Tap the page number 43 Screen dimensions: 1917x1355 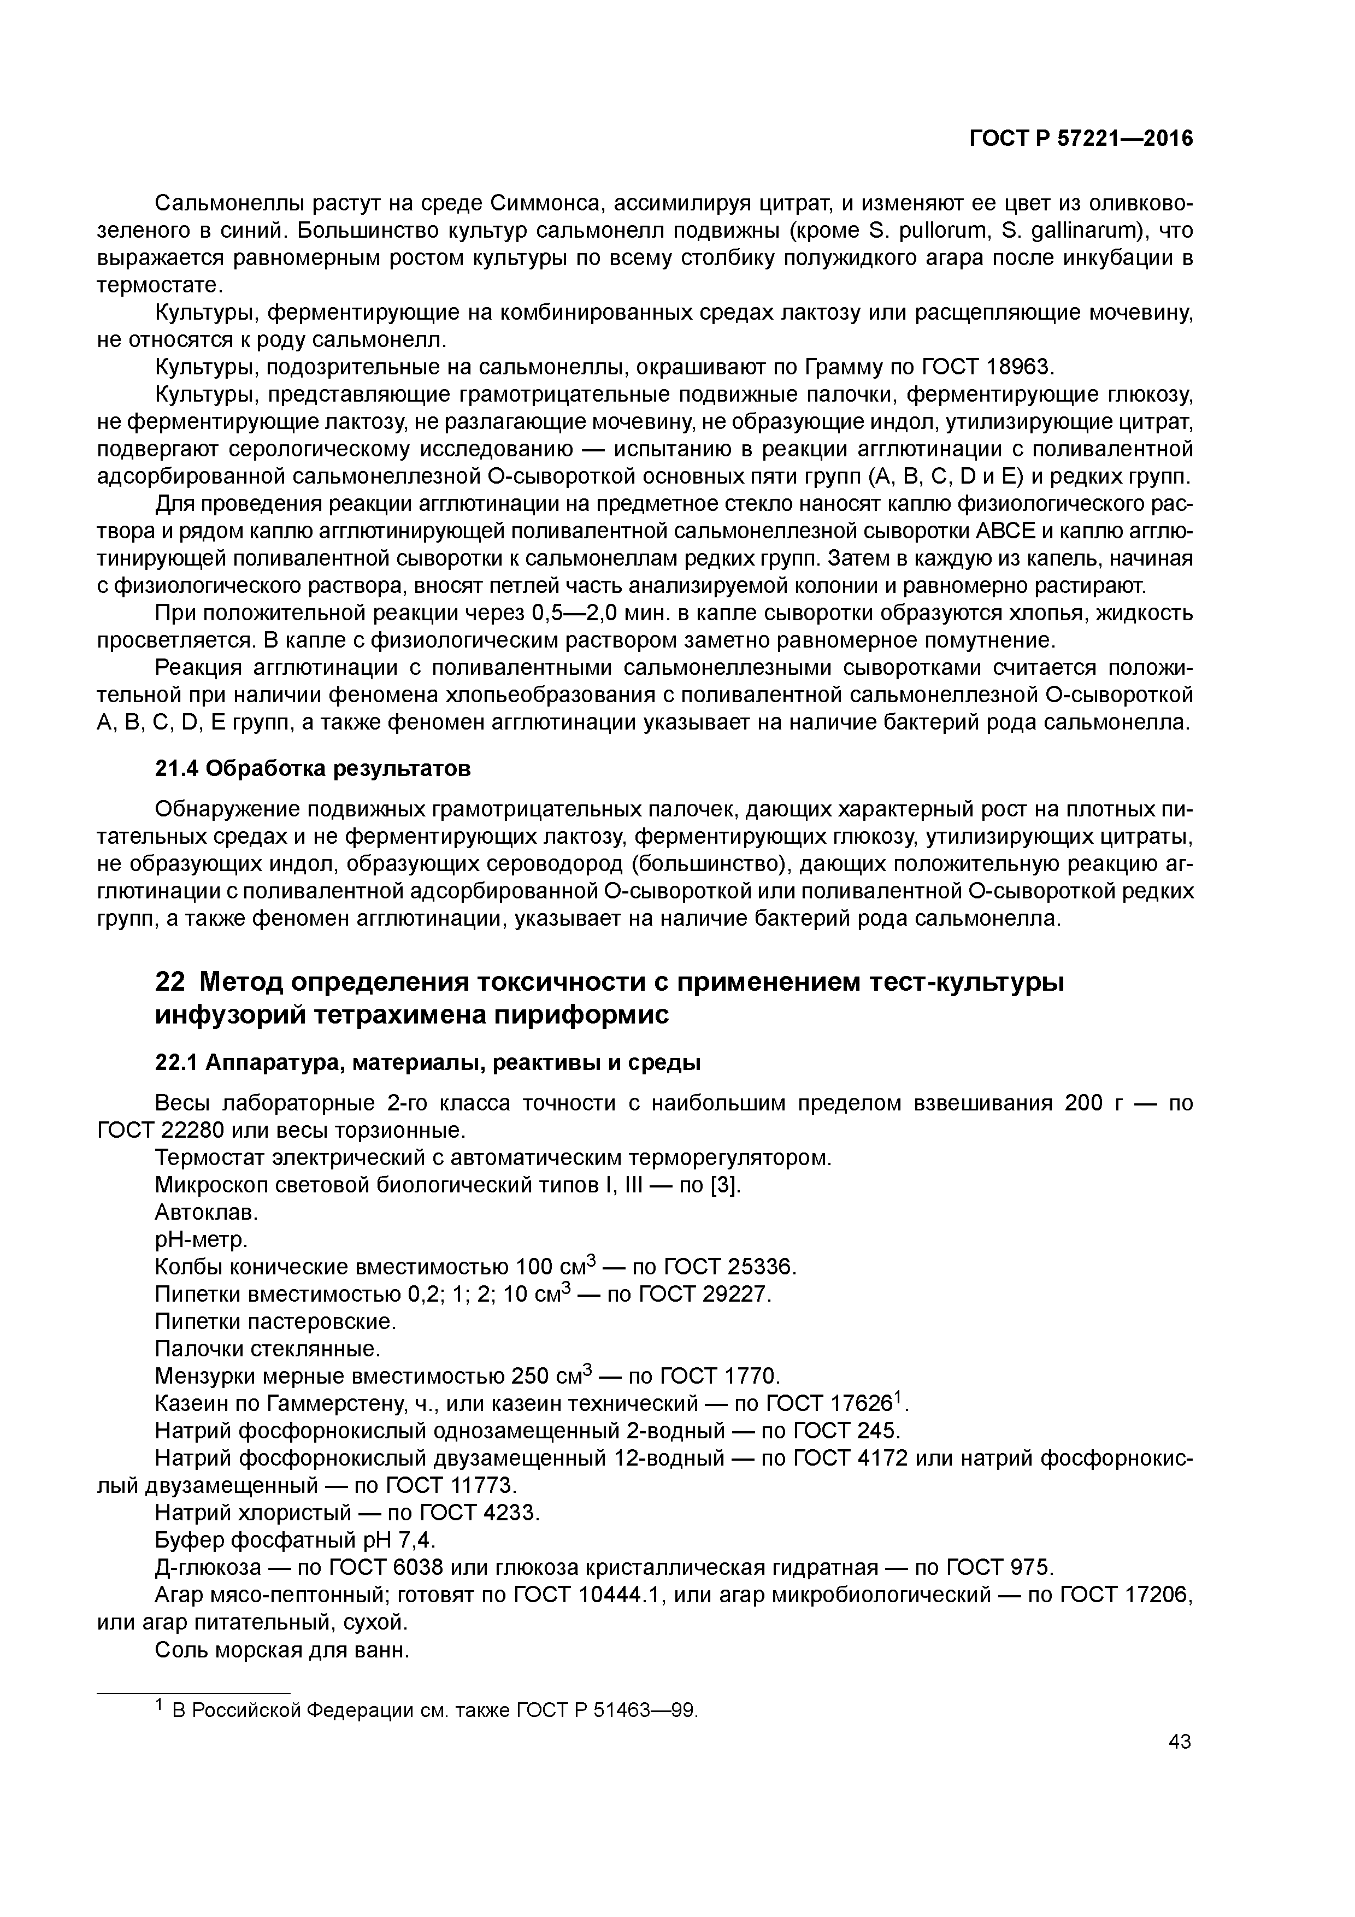click(x=1180, y=1741)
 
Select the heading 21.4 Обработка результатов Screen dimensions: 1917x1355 click(x=313, y=768)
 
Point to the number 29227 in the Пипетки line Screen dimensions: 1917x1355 click(x=735, y=1294)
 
